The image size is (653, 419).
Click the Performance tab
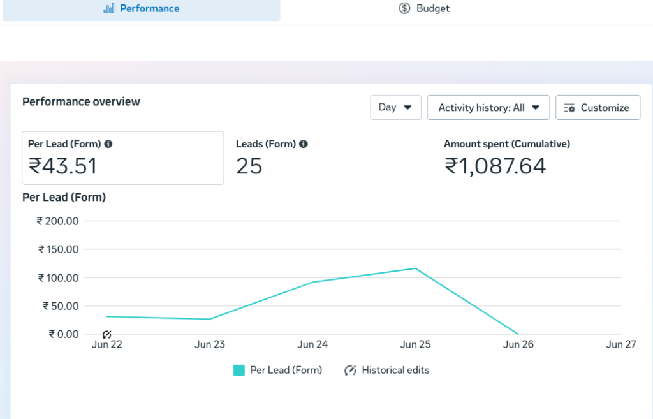click(x=141, y=9)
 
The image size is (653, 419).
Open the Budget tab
click(x=424, y=8)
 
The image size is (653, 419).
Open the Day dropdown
click(x=395, y=107)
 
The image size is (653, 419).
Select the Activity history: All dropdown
click(x=488, y=107)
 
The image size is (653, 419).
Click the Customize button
click(x=598, y=107)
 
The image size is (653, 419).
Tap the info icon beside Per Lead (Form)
click(x=108, y=144)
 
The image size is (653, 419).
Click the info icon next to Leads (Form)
click(x=304, y=144)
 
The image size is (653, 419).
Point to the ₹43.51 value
click(x=62, y=166)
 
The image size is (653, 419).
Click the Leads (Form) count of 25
click(x=249, y=166)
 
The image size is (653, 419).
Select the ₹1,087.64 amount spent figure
click(x=495, y=166)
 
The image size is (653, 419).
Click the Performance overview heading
click(x=81, y=101)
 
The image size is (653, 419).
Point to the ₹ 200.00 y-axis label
click(x=57, y=221)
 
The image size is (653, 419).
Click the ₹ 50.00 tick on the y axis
click(x=61, y=306)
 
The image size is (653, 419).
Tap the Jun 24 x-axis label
click(x=312, y=344)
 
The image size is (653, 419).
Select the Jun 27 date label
click(x=621, y=344)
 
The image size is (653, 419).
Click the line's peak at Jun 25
click(x=415, y=268)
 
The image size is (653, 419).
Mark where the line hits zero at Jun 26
click(x=518, y=334)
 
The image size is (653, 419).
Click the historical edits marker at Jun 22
click(x=107, y=334)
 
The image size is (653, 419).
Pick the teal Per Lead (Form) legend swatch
click(x=239, y=371)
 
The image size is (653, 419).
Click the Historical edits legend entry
click(x=387, y=371)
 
